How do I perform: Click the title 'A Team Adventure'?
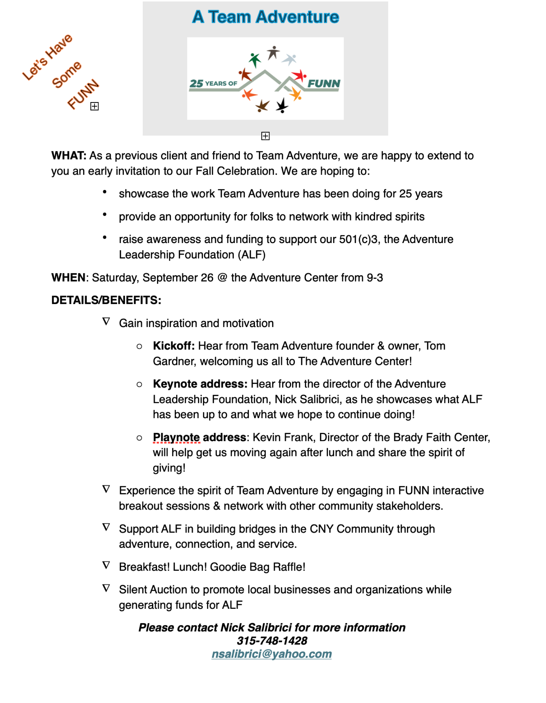tap(265, 17)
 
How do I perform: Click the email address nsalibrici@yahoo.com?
tap(271, 654)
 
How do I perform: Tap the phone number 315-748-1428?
tap(272, 640)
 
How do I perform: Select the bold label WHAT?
tap(69, 156)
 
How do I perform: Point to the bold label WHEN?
tap(68, 277)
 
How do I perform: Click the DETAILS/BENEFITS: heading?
tap(106, 300)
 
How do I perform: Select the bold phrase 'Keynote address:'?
tap(200, 384)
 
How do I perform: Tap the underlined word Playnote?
tap(176, 437)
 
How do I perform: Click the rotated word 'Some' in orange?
tap(67, 74)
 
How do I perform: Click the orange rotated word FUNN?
tap(83, 94)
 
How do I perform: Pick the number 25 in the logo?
tap(196, 83)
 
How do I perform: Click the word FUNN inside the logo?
tap(324, 84)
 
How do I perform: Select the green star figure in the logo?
tap(255, 59)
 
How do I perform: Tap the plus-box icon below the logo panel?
tap(265, 136)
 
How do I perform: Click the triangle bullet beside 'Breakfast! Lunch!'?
tap(106, 565)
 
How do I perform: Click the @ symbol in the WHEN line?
tap(222, 277)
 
